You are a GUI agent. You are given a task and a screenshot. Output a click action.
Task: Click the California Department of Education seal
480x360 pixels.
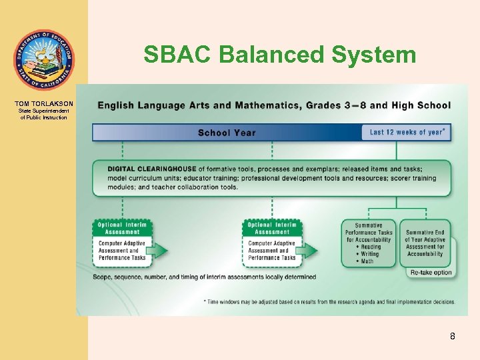point(43,60)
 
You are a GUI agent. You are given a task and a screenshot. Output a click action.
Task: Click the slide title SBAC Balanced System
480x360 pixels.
point(279,55)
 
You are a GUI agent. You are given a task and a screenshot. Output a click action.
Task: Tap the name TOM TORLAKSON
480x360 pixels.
point(43,104)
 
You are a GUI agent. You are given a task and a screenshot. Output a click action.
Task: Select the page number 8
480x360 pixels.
point(452,336)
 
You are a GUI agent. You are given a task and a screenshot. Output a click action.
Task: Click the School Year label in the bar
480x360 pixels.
point(226,133)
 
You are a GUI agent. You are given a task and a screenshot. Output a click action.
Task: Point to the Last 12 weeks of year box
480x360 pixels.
point(407,132)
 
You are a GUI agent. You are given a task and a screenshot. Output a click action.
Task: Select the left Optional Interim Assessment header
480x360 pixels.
point(122,228)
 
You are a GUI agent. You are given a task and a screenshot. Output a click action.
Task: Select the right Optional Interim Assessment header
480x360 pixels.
point(272,228)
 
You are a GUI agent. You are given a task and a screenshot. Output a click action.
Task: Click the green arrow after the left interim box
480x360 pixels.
point(159,251)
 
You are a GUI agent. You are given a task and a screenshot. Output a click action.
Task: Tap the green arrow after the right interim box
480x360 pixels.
point(308,251)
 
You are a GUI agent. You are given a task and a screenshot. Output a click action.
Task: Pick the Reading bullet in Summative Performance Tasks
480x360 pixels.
point(369,247)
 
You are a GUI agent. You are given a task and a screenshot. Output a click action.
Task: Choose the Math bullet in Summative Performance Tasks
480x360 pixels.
point(366,261)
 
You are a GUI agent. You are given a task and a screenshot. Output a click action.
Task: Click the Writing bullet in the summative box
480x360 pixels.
point(369,254)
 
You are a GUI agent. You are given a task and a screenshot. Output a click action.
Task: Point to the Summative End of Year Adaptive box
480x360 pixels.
point(425,243)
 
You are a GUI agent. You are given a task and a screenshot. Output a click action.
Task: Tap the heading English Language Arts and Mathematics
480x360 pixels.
point(274,105)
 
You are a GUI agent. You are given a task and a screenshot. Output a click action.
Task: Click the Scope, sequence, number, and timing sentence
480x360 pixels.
point(195,277)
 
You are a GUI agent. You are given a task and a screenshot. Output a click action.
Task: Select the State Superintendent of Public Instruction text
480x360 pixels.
point(43,115)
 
